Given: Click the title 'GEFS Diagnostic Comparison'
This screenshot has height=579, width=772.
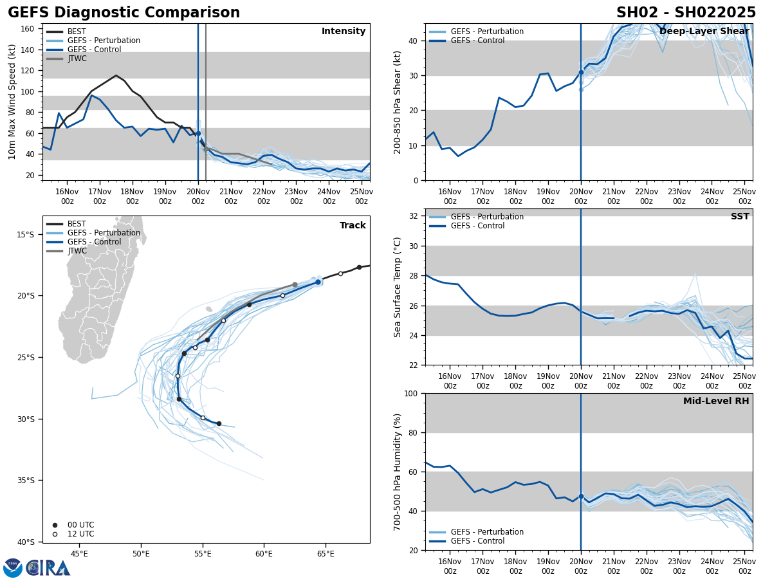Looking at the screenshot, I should [124, 13].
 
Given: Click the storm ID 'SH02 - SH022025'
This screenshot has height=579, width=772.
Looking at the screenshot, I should [686, 13].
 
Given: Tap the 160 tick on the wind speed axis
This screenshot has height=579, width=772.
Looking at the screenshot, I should [28, 29].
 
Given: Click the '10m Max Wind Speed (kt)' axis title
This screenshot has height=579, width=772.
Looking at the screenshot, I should [12, 102].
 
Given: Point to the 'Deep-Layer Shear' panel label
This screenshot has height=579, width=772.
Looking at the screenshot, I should [704, 32].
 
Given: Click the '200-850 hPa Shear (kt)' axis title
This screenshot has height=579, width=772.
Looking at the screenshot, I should [398, 102].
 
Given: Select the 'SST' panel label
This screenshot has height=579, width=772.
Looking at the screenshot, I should [740, 217].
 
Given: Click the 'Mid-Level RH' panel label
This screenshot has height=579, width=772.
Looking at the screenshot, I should [716, 401].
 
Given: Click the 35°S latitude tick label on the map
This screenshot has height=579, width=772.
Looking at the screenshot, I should [26, 481].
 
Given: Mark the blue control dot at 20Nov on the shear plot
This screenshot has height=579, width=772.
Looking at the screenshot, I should [581, 72].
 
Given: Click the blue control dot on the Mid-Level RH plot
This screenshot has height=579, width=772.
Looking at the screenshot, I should [581, 496].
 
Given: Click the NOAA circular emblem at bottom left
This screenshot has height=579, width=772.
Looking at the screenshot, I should [13, 568].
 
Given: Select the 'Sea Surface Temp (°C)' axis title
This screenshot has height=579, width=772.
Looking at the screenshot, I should [398, 287].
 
